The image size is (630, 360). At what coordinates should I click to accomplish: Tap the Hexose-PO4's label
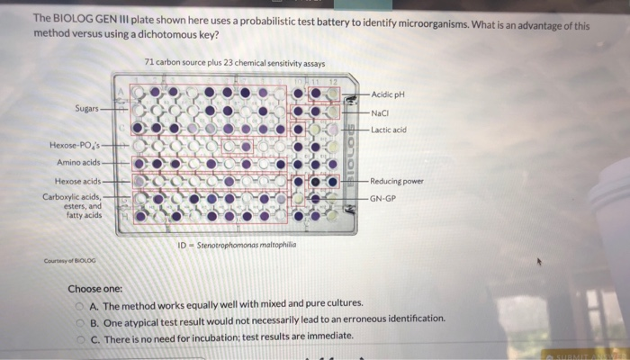point(76,145)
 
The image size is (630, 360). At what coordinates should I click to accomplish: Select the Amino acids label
point(79,163)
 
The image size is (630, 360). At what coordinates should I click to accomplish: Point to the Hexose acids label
point(78,182)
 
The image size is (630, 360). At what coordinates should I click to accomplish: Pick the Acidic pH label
point(390,94)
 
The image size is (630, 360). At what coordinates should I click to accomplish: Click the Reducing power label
point(397,181)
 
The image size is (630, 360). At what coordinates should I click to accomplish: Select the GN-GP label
point(382,198)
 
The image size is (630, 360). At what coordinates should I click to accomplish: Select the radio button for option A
point(81,304)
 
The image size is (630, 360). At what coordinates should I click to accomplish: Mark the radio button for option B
point(81,319)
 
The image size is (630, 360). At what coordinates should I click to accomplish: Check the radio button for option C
point(81,336)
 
